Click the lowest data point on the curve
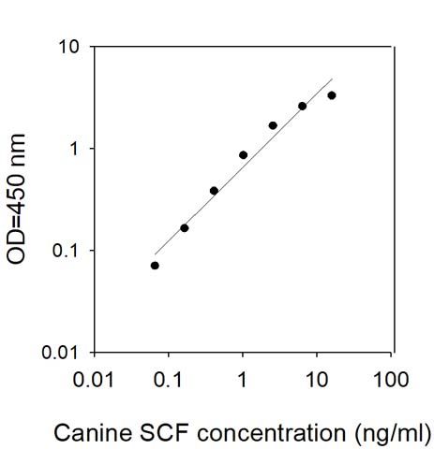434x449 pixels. point(155,266)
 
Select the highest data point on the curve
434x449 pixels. point(332,95)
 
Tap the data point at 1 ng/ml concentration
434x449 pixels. point(243,155)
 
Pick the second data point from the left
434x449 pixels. point(185,228)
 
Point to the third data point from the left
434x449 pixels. point(214,191)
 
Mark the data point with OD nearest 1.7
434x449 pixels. point(273,125)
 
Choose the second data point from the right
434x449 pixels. point(302,106)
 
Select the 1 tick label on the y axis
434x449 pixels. point(74,149)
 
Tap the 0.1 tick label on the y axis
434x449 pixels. point(65,251)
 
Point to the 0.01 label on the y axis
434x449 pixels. point(59,353)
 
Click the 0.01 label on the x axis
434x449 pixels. point(94,380)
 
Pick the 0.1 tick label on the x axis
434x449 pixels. point(168,380)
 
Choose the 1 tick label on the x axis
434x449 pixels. point(243,380)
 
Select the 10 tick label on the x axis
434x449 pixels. point(317,380)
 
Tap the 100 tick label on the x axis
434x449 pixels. point(391,380)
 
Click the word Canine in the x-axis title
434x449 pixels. point(93,433)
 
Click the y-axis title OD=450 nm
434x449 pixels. point(16,199)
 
